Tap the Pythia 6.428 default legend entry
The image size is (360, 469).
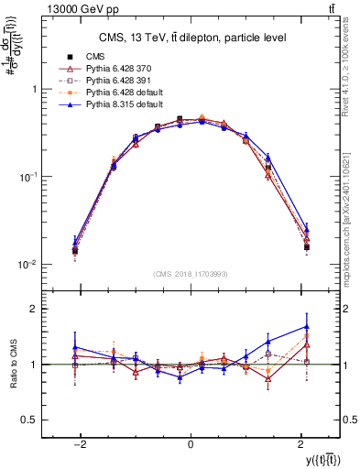pyautogui.click(x=121, y=93)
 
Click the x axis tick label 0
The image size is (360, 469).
pyautogui.click(x=191, y=442)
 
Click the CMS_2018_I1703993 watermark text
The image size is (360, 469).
pyautogui.click(x=191, y=273)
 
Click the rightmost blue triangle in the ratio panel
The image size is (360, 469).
pyautogui.click(x=306, y=326)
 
